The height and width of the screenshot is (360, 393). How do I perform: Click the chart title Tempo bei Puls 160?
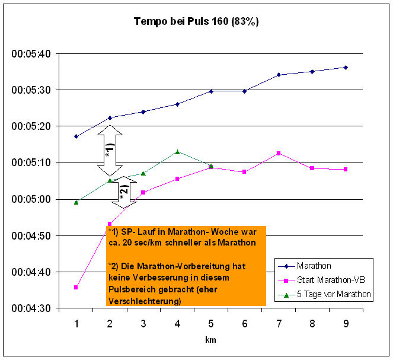196,21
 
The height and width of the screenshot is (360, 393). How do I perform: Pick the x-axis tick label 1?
76,323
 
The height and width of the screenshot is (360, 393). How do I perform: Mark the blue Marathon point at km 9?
345,67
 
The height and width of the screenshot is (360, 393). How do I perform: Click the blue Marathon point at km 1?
76,136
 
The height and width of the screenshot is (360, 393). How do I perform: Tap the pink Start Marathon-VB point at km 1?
76,287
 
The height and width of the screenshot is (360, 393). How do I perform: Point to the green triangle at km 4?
177,152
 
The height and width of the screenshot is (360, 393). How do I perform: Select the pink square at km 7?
278,154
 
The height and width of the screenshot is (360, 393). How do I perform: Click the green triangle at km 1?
76,202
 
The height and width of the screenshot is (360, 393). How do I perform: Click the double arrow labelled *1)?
110,150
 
